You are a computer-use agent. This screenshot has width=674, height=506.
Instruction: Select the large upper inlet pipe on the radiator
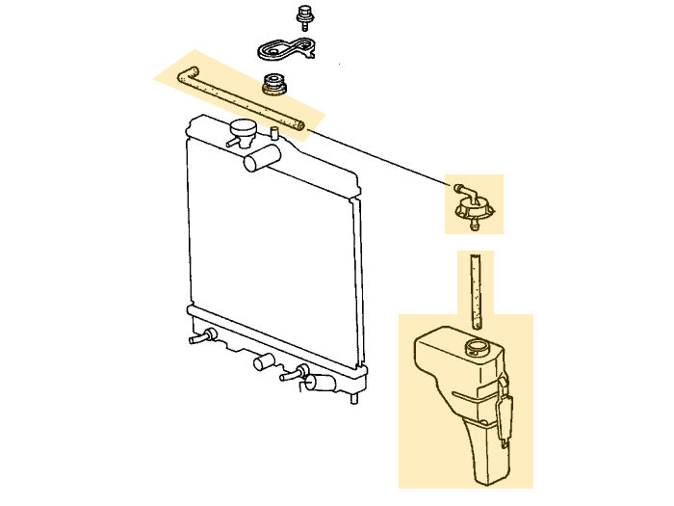[261, 158]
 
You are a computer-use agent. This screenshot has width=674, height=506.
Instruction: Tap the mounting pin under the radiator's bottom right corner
[355, 395]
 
